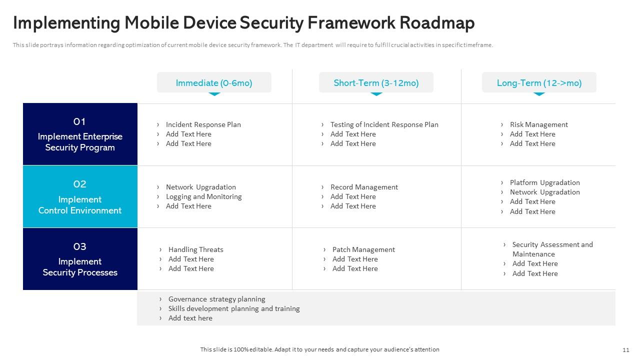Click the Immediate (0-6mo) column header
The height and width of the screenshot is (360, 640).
pos(214,83)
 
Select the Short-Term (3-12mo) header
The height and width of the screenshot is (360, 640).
pos(376,83)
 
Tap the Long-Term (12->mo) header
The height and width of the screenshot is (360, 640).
pos(539,83)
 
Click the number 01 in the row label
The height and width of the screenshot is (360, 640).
pos(80,121)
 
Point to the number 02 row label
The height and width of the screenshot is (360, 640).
pos(80,184)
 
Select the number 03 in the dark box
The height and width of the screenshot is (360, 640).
pos(80,246)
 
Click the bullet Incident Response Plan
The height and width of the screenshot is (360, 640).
pos(203,124)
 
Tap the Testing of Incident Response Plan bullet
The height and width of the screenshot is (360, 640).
pos(384,124)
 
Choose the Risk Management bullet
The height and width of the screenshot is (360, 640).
pos(538,124)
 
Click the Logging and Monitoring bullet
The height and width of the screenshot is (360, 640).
pos(203,196)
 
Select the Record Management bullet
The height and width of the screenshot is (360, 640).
pos(364,187)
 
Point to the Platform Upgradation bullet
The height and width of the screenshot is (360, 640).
pos(544,182)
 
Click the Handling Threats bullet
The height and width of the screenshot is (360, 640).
pos(195,249)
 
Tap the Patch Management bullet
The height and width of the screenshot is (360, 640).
pos(363,249)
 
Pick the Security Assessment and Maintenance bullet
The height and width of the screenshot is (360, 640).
pos(552,249)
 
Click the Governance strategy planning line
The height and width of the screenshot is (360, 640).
pos(216,299)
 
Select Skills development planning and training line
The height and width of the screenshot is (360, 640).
pos(234,308)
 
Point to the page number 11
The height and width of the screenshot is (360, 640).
pos(626,349)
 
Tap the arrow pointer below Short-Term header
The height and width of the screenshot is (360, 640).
pos(376,93)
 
